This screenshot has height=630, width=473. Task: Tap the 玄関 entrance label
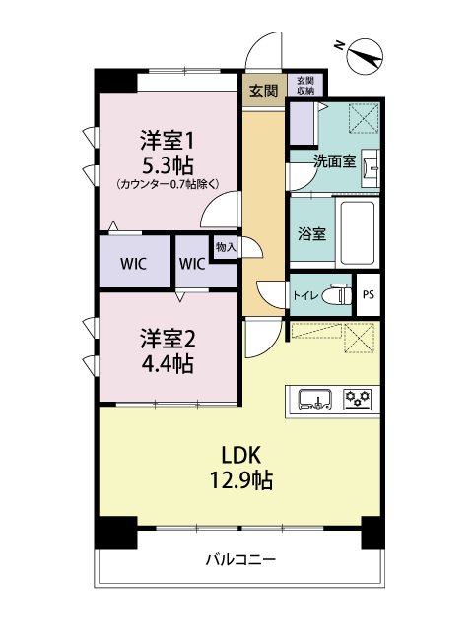click(x=263, y=91)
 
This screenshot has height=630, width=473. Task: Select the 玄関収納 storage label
click(x=305, y=86)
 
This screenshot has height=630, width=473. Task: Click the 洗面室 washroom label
click(x=334, y=161)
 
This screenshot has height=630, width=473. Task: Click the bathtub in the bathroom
click(x=356, y=232)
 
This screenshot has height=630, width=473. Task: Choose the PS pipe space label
click(x=369, y=294)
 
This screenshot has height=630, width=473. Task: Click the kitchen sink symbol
click(x=314, y=399)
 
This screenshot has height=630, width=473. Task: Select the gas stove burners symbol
click(x=357, y=399)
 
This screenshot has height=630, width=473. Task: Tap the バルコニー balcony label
click(x=239, y=560)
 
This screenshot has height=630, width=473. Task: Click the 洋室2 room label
click(x=167, y=339)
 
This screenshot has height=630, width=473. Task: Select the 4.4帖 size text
click(x=167, y=363)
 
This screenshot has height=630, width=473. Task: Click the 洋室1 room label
click(x=167, y=139)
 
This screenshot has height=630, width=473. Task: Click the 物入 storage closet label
click(x=225, y=246)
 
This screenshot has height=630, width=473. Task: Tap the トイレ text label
click(x=305, y=294)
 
